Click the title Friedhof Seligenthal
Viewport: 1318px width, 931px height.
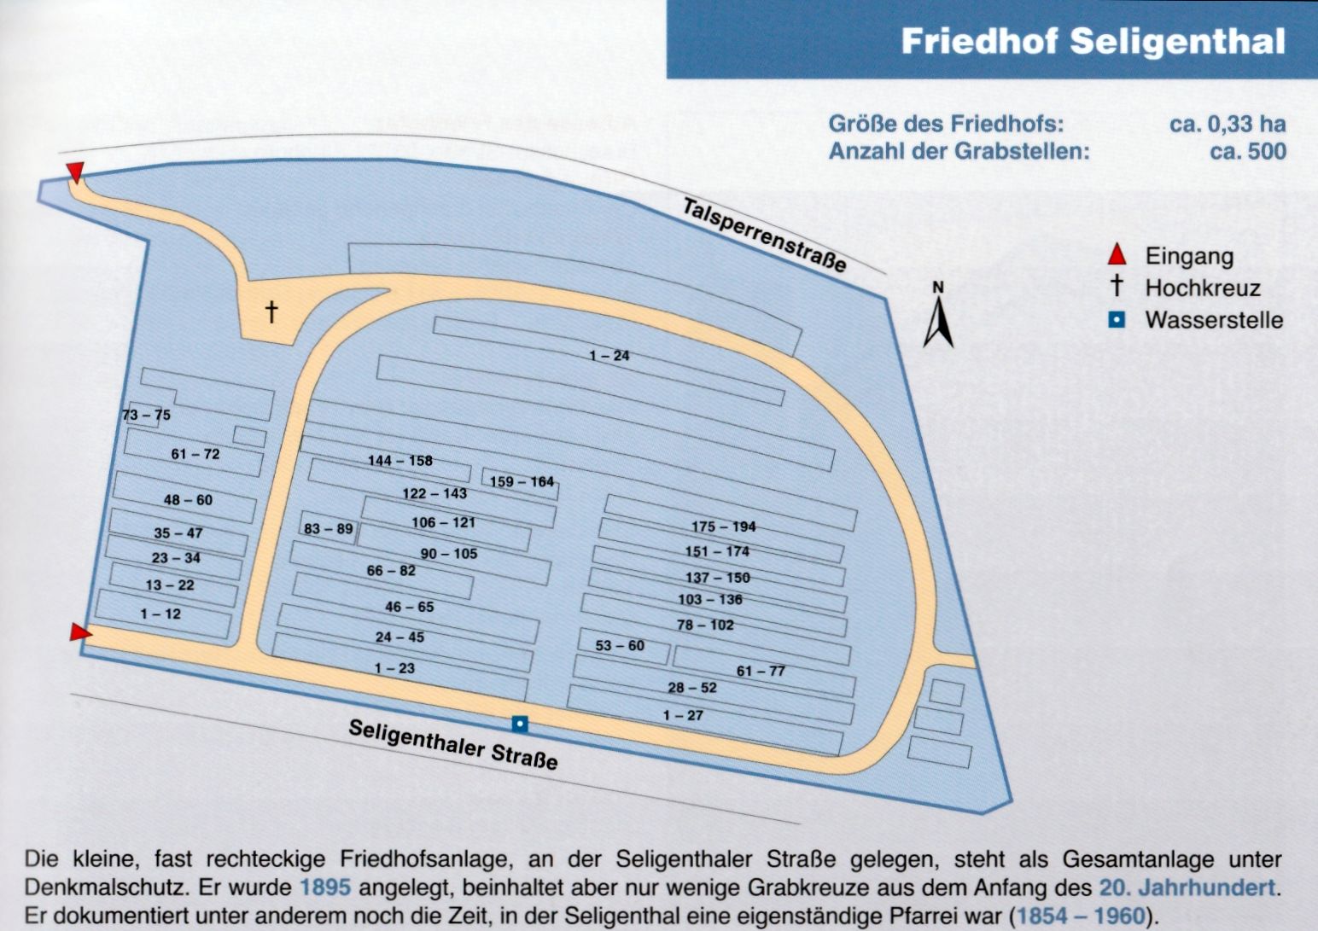tap(1093, 42)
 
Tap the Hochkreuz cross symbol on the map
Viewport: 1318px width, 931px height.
tap(271, 311)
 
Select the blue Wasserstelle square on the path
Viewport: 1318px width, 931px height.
tap(520, 724)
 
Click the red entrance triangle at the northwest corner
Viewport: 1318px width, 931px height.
tap(75, 172)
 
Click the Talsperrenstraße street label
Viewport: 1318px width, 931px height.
tap(765, 235)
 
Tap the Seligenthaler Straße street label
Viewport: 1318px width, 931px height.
tap(453, 745)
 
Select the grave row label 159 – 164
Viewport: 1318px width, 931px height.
tap(522, 481)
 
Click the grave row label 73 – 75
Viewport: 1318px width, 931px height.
tap(146, 415)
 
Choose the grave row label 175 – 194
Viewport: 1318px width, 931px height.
tap(723, 527)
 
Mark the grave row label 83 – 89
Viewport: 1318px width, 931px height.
tap(329, 529)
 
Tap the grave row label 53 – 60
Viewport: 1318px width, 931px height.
tap(620, 645)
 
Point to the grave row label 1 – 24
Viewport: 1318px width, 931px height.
tap(609, 355)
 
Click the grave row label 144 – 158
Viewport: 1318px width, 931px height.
tap(400, 461)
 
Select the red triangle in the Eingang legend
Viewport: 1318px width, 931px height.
tap(1117, 254)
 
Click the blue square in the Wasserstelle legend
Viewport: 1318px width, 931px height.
tap(1117, 320)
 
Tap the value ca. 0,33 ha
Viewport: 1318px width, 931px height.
tap(1228, 124)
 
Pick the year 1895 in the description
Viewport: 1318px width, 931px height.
tap(325, 887)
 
